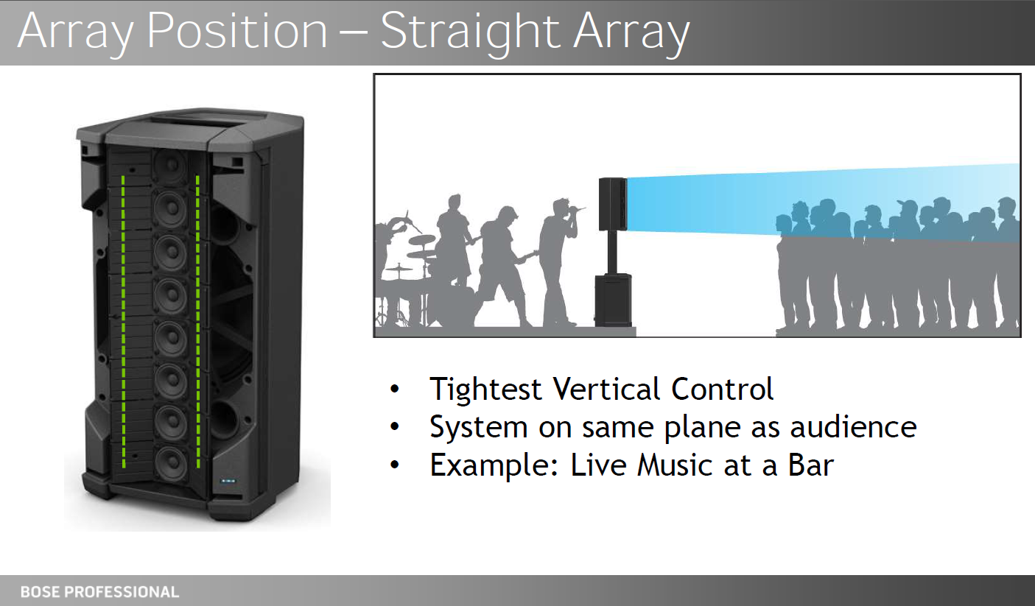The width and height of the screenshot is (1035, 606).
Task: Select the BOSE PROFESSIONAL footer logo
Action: point(99,592)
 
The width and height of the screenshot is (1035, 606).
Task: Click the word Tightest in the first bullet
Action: point(485,389)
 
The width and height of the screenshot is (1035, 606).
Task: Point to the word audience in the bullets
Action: point(853,426)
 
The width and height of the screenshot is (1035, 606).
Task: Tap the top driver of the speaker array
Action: point(170,165)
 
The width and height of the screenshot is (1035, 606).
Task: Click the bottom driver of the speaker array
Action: point(172,462)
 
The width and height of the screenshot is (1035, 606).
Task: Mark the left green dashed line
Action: point(123,321)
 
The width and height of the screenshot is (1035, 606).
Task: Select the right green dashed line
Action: point(197,321)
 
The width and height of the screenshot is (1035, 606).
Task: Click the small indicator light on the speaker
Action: point(228,481)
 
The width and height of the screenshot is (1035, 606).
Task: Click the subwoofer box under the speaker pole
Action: point(613,300)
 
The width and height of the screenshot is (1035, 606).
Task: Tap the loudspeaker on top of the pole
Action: point(613,204)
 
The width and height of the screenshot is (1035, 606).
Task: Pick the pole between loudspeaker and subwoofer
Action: point(613,253)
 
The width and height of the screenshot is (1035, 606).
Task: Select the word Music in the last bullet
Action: point(675,465)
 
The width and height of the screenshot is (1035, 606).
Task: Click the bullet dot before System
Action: point(394,426)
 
